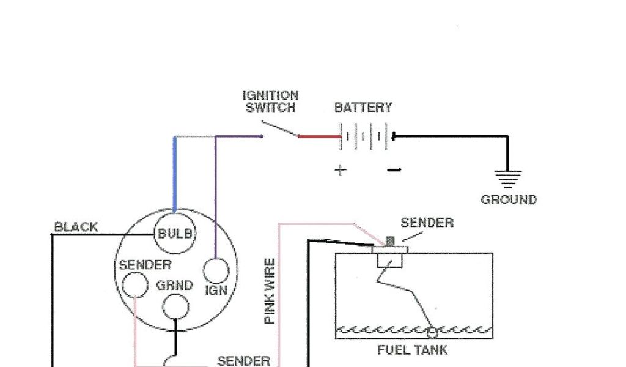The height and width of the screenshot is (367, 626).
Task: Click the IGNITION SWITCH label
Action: point(270,102)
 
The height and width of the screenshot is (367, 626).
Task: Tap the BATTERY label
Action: point(363,108)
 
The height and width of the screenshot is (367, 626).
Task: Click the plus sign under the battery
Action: point(340,170)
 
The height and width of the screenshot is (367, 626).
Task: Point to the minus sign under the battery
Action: point(394,169)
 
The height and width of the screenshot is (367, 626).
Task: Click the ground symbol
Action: point(508,179)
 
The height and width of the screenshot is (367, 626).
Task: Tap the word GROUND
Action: point(509,200)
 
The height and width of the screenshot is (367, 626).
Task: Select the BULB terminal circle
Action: point(175,233)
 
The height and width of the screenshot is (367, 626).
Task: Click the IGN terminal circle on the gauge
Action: point(216,271)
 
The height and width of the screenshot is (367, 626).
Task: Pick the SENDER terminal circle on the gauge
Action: point(134,284)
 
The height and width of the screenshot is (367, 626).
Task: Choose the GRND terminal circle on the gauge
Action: point(175,306)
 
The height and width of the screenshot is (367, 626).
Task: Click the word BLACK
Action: point(76,227)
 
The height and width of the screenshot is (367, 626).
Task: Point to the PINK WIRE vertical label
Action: point(270,291)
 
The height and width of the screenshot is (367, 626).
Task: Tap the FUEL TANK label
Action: point(412,350)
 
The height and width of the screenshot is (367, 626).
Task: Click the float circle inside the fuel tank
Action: point(433,332)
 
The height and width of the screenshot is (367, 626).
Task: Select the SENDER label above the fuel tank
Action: point(427,223)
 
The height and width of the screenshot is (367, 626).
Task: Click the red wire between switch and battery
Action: point(319,136)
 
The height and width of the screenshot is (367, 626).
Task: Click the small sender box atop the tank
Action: point(389,261)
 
